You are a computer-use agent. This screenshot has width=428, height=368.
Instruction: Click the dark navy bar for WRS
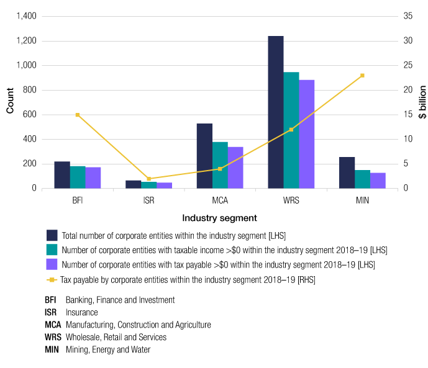275,112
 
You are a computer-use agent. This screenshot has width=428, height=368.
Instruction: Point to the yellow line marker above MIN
362,76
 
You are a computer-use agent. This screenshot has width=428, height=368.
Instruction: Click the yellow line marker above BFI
78,115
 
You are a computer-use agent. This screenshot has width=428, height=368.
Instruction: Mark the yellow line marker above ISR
149,179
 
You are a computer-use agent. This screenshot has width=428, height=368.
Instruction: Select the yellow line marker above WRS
291,130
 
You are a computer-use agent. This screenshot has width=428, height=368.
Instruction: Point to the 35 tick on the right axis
408,16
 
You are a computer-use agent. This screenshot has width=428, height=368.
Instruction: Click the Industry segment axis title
220,218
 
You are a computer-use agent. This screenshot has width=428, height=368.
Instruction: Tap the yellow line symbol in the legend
52,279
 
